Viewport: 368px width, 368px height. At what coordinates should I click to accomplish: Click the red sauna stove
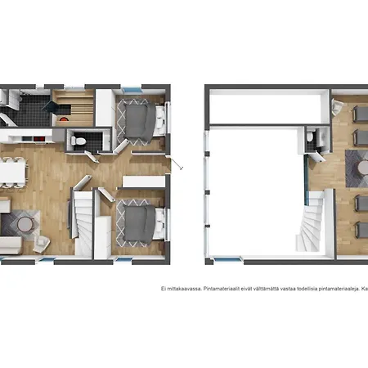64,119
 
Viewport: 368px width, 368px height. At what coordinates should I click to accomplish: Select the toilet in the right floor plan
310,137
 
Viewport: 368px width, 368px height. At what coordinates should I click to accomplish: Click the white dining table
12,173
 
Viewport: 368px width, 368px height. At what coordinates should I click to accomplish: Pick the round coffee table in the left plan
25,224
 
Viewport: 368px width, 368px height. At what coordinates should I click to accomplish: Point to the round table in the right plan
363,168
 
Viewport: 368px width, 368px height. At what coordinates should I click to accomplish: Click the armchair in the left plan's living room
42,244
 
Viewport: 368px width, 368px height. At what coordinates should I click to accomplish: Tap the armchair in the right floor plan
337,107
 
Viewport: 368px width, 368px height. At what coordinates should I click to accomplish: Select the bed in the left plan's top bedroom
142,121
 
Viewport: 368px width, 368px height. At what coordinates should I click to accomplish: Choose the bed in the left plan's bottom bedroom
142,223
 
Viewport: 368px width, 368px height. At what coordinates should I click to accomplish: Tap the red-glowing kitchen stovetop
39,139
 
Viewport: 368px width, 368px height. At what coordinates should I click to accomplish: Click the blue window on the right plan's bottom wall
227,259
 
